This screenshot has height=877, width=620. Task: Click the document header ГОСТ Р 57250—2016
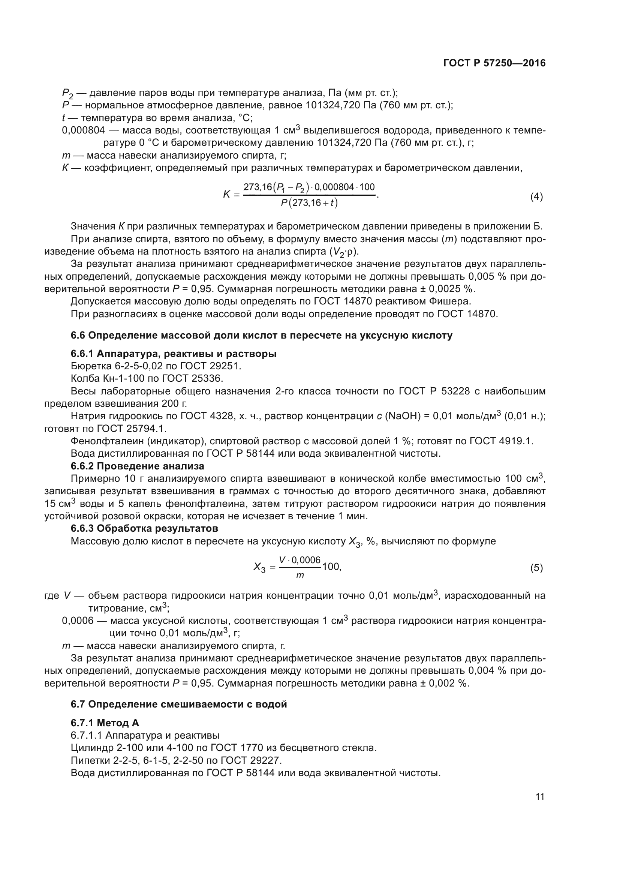click(x=494, y=63)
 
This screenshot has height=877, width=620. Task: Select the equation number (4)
click(x=536, y=197)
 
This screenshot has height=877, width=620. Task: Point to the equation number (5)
click(x=536, y=568)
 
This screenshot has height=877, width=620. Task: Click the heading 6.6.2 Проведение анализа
click(x=138, y=466)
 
